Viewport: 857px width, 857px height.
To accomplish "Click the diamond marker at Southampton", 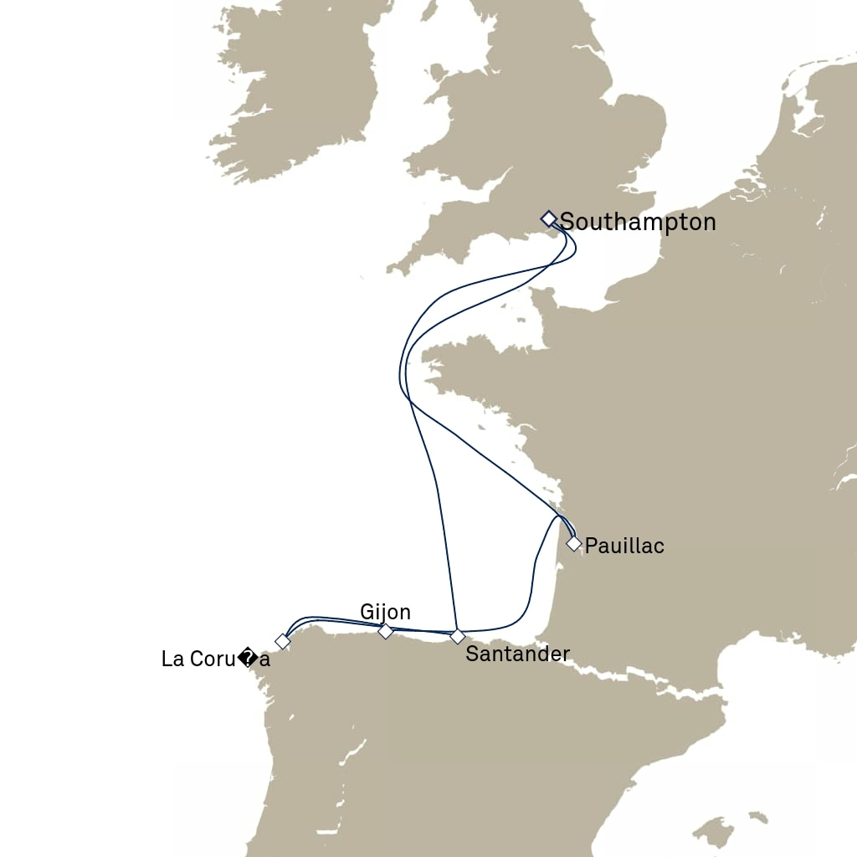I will (x=548, y=219).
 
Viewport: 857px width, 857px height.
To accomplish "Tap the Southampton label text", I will (x=638, y=222).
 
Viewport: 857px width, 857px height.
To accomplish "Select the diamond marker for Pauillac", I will (x=573, y=543).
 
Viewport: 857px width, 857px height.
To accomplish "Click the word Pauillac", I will (x=624, y=547).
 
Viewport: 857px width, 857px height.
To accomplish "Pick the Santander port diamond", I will (x=457, y=637).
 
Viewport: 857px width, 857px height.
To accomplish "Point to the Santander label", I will (x=517, y=654).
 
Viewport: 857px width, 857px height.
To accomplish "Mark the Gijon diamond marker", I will (x=385, y=631).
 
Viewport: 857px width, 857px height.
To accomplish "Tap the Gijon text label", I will (x=385, y=612).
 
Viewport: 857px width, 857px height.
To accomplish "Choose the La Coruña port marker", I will (x=283, y=641).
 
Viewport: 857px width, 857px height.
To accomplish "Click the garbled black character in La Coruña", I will (x=248, y=659).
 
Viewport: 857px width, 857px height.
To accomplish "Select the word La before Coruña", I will (x=173, y=659).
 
